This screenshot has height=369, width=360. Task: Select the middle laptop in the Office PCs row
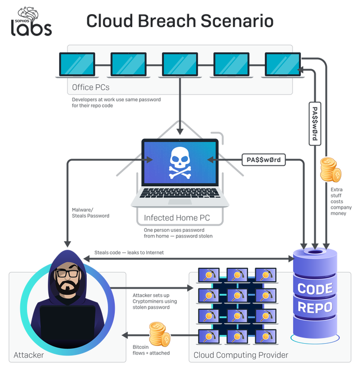pyautogui.click(x=180, y=65)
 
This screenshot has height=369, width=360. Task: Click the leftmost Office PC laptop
pyautogui.click(x=76, y=65)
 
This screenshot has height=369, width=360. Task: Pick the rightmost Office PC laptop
pyautogui.click(x=282, y=65)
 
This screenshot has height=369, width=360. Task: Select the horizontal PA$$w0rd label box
pyautogui.click(x=263, y=160)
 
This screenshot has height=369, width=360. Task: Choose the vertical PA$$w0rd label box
pyautogui.click(x=314, y=124)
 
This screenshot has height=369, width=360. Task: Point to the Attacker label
pyautogui.click(x=29, y=355)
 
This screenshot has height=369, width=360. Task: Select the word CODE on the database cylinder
pyautogui.click(x=314, y=289)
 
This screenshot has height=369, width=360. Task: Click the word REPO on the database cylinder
pyautogui.click(x=314, y=308)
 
